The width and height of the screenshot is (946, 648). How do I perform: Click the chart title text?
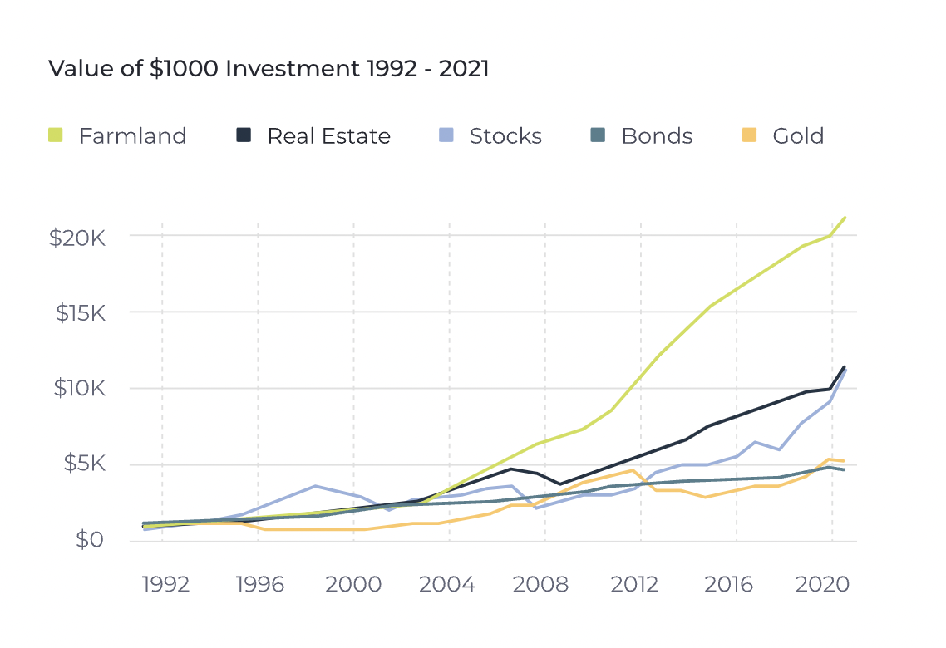pyautogui.click(x=269, y=69)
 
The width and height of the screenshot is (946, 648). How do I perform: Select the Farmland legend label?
pyautogui.click(x=132, y=136)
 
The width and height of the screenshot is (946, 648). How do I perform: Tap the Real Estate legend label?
pyautogui.click(x=328, y=136)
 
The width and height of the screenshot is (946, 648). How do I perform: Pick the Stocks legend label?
pyautogui.click(x=505, y=136)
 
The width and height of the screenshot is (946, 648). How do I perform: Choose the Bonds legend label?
pyautogui.click(x=657, y=136)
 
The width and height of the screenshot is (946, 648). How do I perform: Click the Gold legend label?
pyautogui.click(x=798, y=136)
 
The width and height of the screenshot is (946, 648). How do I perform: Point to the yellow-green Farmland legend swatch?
pyautogui.click(x=56, y=135)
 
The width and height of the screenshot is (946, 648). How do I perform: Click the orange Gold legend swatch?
pyautogui.click(x=749, y=135)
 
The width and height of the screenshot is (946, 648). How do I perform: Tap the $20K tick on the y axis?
pyautogui.click(x=76, y=238)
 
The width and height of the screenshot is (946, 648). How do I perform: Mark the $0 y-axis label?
pyautogui.click(x=90, y=541)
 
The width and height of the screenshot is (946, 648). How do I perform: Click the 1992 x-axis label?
pyautogui.click(x=165, y=585)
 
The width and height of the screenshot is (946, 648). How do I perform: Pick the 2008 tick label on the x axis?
pyautogui.click(x=541, y=585)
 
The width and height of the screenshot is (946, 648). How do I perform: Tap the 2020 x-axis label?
pyautogui.click(x=822, y=585)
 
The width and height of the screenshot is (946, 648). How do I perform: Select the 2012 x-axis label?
pyautogui.click(x=635, y=585)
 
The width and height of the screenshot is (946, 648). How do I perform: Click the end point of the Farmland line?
pyautogui.click(x=845, y=218)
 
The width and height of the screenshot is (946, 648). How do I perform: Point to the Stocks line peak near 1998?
pyautogui.click(x=315, y=486)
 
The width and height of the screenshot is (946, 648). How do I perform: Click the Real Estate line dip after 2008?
pyautogui.click(x=561, y=484)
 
